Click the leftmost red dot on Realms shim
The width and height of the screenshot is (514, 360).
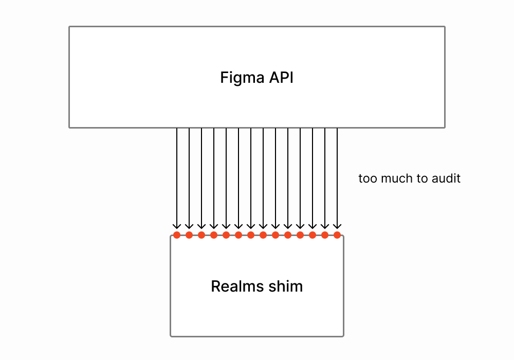point(177,235)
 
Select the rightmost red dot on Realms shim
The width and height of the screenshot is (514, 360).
point(337,235)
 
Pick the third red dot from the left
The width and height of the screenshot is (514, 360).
point(201,235)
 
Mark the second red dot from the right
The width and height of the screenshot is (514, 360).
point(325,235)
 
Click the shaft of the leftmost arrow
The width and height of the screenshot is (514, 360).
point(177,175)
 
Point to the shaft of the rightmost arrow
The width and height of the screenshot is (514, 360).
point(337,175)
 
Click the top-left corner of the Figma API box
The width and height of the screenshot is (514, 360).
point(69,27)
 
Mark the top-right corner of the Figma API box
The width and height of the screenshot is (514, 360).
point(445,27)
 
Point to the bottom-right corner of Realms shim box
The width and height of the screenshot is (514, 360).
point(343,336)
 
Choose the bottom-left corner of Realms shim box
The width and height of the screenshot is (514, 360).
point(171,336)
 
